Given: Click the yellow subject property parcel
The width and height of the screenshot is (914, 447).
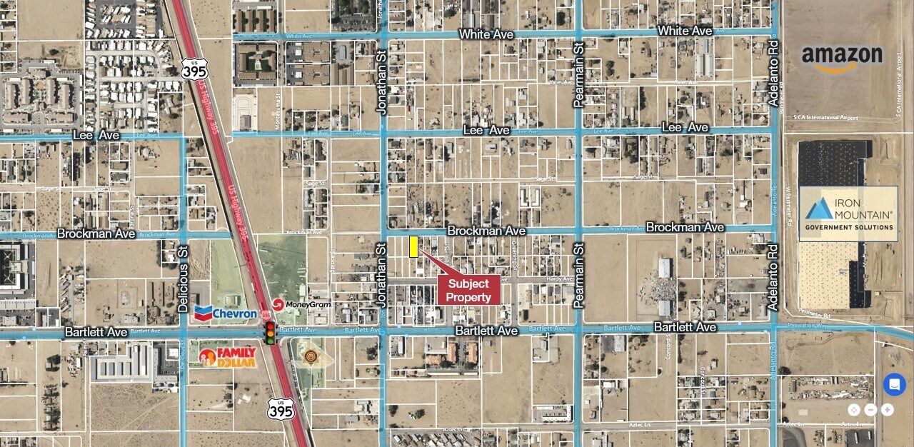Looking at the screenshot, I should point(413,246).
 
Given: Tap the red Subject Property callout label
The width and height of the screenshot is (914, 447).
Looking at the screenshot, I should point(468,290).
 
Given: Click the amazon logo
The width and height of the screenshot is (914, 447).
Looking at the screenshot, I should point(842,58).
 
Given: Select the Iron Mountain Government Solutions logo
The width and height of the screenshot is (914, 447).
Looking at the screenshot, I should point(848,214).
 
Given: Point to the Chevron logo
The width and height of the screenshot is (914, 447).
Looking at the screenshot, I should point(226,313).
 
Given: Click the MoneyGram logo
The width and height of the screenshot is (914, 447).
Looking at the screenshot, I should point(301,304).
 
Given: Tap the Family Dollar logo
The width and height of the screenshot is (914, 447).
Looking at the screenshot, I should point(227,356).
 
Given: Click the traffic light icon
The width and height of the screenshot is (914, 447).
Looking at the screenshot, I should point(270,332).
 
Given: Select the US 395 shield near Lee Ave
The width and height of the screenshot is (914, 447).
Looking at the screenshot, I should point(194,69).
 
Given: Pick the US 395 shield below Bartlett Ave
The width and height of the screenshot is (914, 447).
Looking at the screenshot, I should point(281,409).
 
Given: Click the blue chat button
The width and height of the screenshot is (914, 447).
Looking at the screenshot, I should point(894,384).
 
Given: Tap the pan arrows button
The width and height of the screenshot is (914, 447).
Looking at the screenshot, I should point(855,410).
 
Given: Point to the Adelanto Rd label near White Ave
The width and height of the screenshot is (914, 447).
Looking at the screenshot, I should point(773,75).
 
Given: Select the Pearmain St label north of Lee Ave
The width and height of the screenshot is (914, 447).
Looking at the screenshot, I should point(579,74).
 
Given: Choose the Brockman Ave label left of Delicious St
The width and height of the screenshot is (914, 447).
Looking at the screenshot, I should point(96,233).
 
